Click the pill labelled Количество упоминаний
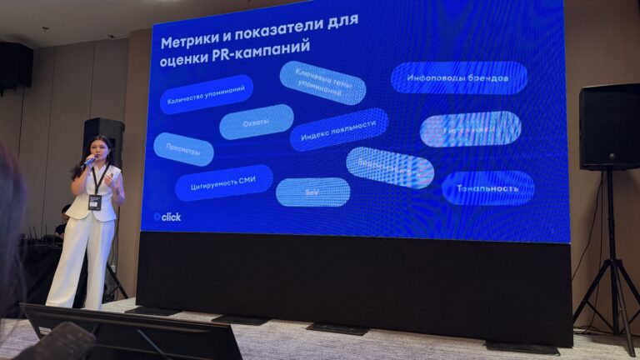(206, 95)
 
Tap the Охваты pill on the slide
(257, 122)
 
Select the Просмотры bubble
(183, 148)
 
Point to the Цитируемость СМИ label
(223, 182)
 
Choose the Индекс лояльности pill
(339, 129)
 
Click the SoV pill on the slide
(312, 192)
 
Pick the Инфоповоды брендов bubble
(458, 77)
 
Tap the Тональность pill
(487, 187)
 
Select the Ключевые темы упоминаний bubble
(322, 82)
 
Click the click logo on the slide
(167, 217)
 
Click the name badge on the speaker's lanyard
(94, 202)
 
